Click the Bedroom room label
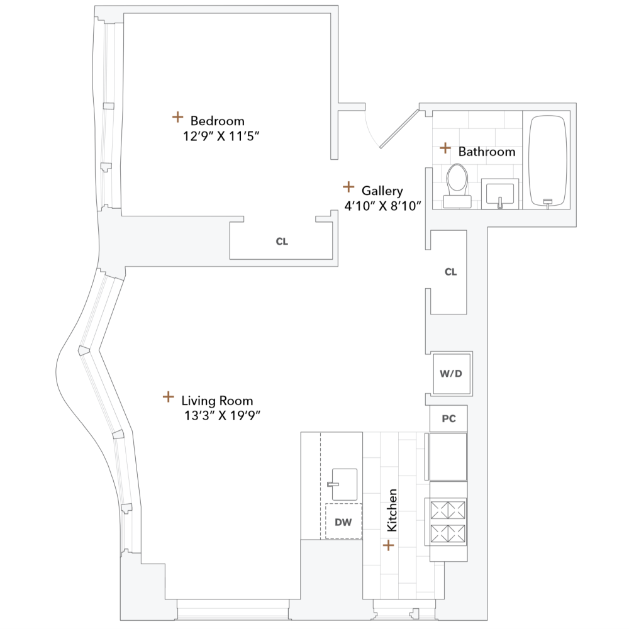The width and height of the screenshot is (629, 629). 217,121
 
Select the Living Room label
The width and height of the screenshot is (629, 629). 217,401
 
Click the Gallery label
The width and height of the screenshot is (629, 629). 382,191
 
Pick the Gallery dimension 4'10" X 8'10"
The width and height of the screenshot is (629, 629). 382,205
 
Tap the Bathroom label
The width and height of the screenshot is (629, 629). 486,152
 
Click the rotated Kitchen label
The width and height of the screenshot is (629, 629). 392,510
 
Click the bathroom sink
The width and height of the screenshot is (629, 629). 500,192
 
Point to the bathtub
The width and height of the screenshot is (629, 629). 547,160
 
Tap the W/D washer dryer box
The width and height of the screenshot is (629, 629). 450,373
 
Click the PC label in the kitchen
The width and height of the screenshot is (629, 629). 448,419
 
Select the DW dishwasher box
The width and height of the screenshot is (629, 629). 343,521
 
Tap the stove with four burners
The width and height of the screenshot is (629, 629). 448,521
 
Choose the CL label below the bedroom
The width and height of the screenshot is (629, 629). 282,242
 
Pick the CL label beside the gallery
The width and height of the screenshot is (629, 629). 450,272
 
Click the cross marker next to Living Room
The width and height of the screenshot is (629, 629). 168,397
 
